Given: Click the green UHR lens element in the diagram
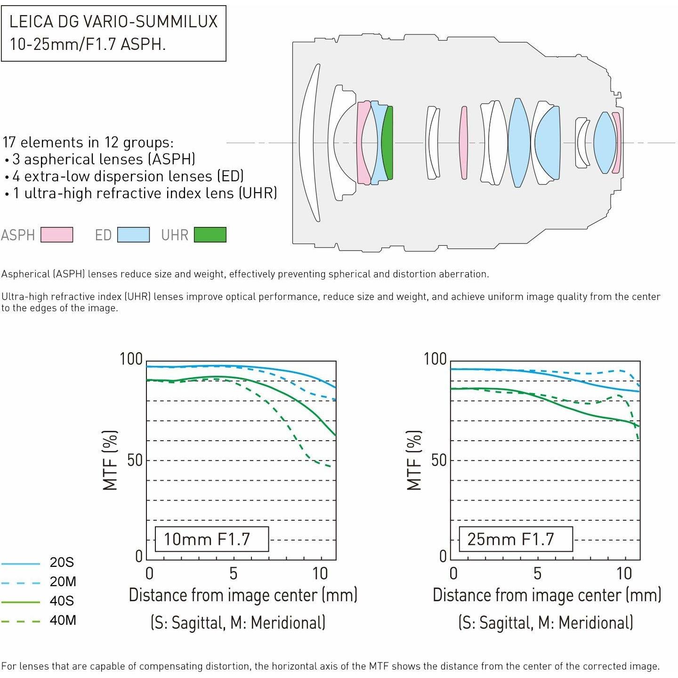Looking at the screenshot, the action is pyautogui.click(x=387, y=143).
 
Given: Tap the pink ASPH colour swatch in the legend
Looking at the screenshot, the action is pyautogui.click(x=56, y=234).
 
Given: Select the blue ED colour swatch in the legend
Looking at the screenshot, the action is pyautogui.click(x=133, y=234).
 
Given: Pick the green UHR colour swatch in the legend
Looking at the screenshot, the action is pyautogui.click(x=210, y=234).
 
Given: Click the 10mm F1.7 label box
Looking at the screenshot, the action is pyautogui.click(x=212, y=539).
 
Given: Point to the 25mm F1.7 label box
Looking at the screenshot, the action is pyautogui.click(x=516, y=539).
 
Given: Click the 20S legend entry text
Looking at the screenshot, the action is pyautogui.click(x=62, y=562).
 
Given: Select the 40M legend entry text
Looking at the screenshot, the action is pyautogui.click(x=63, y=620).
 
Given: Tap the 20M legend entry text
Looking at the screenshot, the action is pyautogui.click(x=63, y=581).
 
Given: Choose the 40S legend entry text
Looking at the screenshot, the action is pyautogui.click(x=62, y=601).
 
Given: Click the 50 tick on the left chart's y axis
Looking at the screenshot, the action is pyautogui.click(x=135, y=460).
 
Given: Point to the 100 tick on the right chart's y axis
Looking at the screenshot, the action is pyautogui.click(x=435, y=359).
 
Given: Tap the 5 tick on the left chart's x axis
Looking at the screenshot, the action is pyautogui.click(x=233, y=573).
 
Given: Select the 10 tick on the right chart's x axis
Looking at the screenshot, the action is pyautogui.click(x=624, y=573).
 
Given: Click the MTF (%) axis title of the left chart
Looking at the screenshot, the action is pyautogui.click(x=110, y=460).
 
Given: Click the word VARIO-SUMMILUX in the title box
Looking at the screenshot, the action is pyautogui.click(x=150, y=22).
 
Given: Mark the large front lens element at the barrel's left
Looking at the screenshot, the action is pyautogui.click(x=309, y=143).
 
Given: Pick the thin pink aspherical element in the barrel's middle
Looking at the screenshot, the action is pyautogui.click(x=464, y=143).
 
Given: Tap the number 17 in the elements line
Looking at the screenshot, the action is pyautogui.click(x=9, y=143).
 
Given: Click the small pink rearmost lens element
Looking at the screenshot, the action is pyautogui.click(x=616, y=143).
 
